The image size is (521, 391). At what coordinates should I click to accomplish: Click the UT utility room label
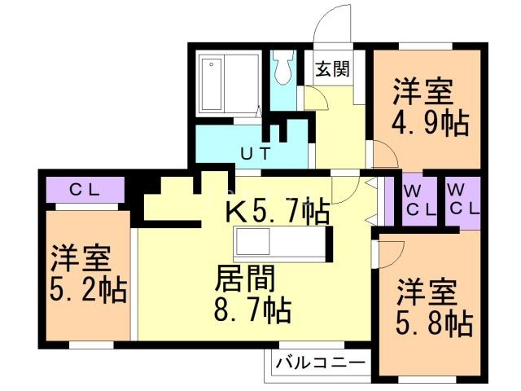[255, 152]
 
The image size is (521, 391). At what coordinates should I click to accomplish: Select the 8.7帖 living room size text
[253, 310]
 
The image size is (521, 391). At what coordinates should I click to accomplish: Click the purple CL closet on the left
[84, 191]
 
